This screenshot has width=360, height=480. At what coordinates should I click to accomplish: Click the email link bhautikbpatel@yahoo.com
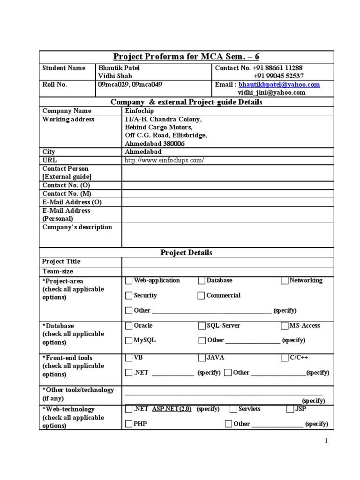point(279,85)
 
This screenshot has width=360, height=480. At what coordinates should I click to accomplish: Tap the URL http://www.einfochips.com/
point(164,160)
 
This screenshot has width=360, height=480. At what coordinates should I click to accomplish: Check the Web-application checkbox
point(129,281)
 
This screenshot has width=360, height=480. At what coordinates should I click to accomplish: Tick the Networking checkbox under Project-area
point(285,281)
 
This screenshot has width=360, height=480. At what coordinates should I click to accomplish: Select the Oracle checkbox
point(129,326)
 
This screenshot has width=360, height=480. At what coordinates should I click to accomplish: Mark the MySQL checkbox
point(129,341)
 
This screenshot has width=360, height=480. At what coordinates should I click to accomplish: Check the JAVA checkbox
point(202,358)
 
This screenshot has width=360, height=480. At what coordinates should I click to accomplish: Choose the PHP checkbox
point(129,424)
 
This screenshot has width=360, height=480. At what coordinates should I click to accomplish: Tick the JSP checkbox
point(291,409)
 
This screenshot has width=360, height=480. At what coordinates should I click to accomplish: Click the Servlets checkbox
point(233,409)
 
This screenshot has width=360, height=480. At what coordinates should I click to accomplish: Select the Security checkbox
point(129,296)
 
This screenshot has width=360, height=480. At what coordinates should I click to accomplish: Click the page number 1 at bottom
point(327,442)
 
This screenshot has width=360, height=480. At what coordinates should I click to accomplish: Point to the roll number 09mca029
point(111,85)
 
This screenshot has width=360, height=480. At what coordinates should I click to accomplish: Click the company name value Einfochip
point(139,111)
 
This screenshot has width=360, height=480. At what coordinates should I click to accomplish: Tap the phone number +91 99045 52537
point(278,76)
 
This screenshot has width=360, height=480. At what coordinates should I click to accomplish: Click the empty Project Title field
point(227,262)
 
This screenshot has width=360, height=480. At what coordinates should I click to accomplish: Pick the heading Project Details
point(186,253)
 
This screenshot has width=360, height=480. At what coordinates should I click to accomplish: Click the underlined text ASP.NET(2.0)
point(172,409)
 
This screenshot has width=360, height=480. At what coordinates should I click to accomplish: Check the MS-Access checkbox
point(285,326)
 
